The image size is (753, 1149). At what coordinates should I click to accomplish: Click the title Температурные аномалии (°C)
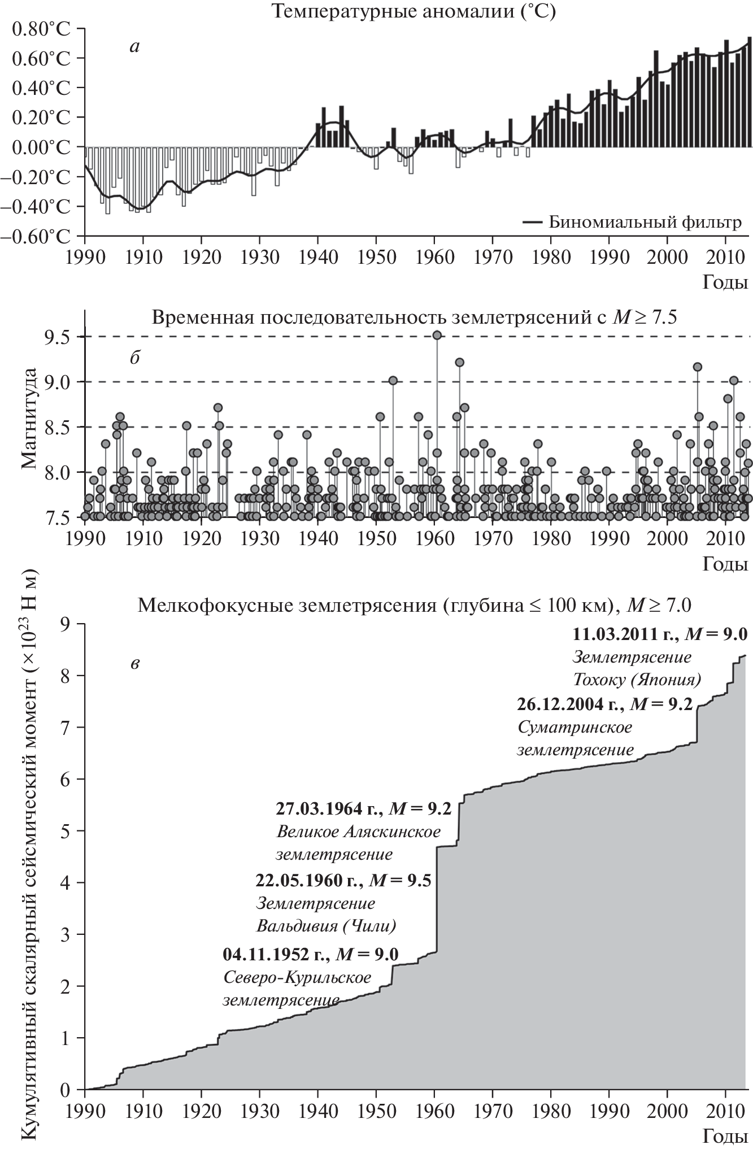[x=414, y=12]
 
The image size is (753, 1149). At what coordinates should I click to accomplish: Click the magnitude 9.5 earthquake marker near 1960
[x=437, y=335]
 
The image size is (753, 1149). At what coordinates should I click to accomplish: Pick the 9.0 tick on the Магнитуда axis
[x=62, y=382]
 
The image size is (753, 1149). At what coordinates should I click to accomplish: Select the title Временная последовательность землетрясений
[x=414, y=317]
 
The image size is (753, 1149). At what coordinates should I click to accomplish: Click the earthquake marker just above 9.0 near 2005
[x=698, y=367]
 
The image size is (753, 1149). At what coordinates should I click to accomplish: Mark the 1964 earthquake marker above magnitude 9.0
[x=460, y=362]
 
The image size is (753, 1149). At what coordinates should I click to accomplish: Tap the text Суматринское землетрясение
[x=575, y=738]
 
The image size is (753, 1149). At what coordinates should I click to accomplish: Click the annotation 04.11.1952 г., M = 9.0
[x=311, y=954]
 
